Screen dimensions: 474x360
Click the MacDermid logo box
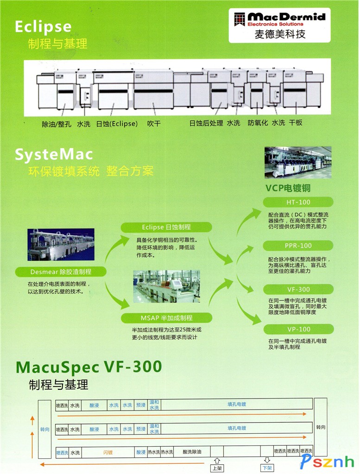(279, 25)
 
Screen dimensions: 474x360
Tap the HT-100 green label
(298, 202)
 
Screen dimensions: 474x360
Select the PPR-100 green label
(298, 246)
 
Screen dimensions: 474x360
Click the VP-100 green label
(298, 329)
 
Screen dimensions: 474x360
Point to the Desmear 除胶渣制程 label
(61, 272)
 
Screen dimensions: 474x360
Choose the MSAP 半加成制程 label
(166, 318)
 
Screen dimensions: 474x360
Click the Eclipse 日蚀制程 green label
(166, 227)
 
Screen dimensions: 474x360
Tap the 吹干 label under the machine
(154, 124)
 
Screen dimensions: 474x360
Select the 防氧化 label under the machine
(258, 123)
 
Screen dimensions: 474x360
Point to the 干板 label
(296, 123)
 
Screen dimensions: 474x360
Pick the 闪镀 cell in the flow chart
(107, 452)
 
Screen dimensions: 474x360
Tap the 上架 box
(216, 468)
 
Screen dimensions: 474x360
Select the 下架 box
(267, 468)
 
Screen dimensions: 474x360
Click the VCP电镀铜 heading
(288, 188)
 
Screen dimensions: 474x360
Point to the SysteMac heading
(54, 155)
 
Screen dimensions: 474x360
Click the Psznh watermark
(328, 461)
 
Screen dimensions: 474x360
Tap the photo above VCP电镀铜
(298, 162)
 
